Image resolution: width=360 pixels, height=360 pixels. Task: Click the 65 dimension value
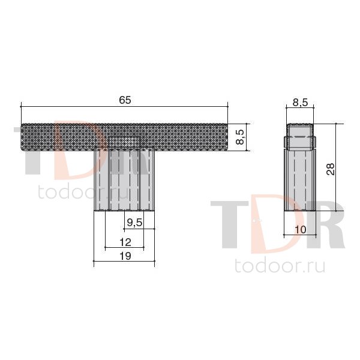coord(125,100)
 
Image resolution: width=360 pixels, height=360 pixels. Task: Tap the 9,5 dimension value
coord(135,222)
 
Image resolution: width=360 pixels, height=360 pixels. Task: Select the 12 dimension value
coord(125,242)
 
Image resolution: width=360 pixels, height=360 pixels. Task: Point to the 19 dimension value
coord(125,256)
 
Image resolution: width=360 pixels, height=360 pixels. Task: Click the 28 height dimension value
coord(331,169)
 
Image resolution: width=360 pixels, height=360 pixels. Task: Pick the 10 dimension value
coord(301,229)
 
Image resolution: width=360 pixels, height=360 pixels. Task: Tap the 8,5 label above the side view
coord(300,103)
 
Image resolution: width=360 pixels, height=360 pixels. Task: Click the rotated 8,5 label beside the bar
coord(241,136)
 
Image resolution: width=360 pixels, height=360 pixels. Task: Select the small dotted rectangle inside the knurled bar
coord(124,142)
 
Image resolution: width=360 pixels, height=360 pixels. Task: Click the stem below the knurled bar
coord(124,181)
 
